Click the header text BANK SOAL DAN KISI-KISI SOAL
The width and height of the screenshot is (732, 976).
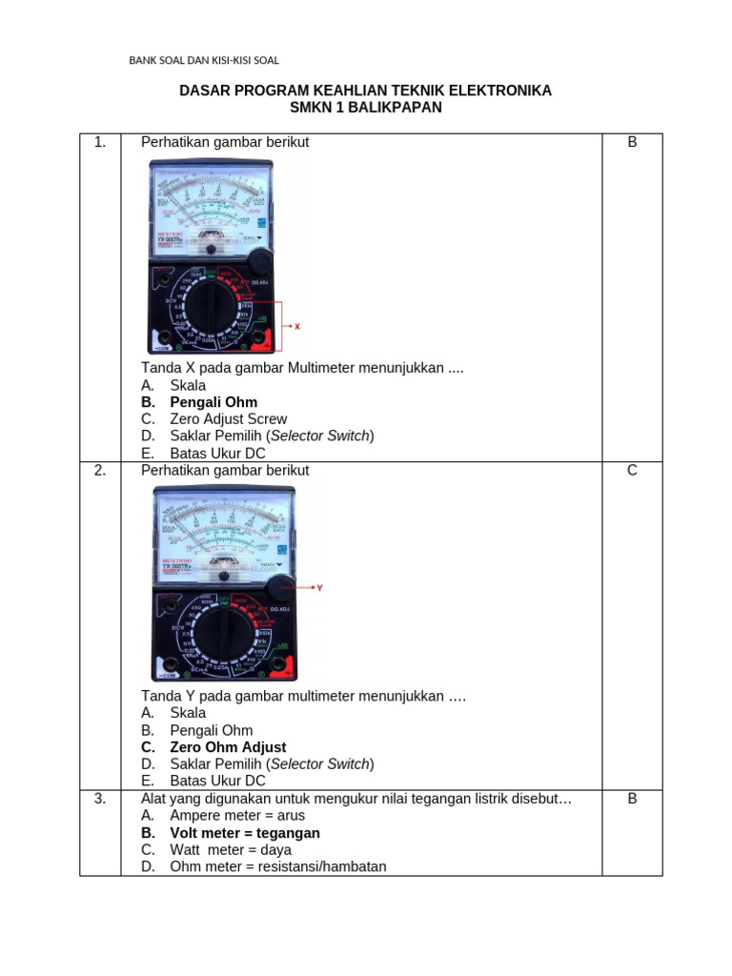point(204,60)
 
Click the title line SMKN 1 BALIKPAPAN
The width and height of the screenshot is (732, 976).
point(365,108)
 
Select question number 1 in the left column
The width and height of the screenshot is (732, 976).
point(100,143)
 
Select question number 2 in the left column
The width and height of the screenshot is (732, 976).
point(100,471)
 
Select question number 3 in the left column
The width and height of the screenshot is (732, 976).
point(100,799)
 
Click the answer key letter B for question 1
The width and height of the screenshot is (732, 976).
point(632,143)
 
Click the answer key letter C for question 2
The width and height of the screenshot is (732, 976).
point(632,471)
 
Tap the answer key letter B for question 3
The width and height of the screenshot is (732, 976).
point(632,799)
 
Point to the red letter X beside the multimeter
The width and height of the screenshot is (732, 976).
point(296,326)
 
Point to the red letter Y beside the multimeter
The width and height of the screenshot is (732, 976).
point(319,588)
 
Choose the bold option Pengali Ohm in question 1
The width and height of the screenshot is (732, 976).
point(213,402)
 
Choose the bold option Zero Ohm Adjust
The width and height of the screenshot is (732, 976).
point(228,747)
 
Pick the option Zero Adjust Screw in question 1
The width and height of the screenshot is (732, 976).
point(228,419)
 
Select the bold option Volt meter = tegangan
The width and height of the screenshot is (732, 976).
point(245,833)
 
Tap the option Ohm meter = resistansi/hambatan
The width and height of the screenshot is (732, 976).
point(278,867)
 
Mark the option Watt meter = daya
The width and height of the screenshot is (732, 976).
point(231,850)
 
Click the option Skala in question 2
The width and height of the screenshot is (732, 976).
point(188,713)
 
